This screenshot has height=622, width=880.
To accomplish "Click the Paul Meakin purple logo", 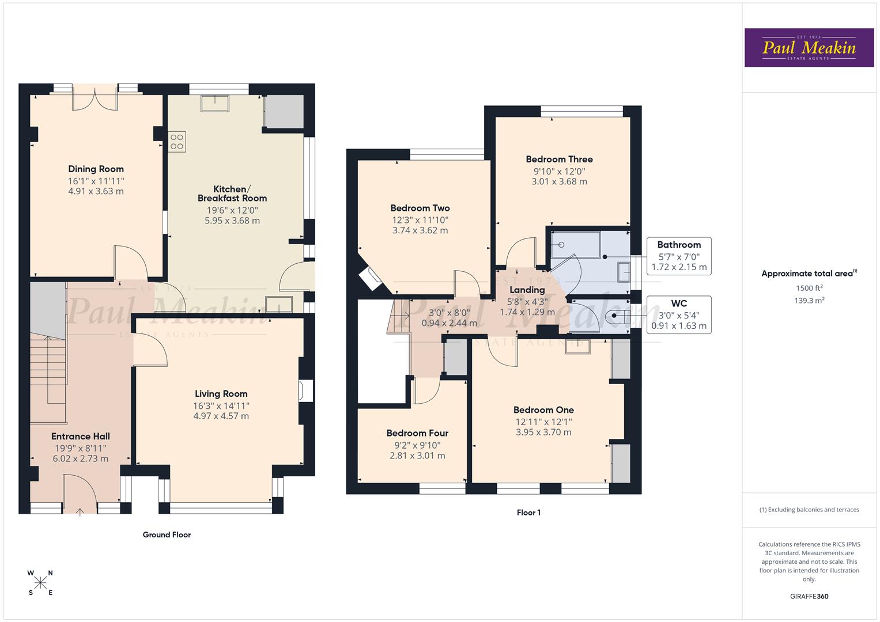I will click(x=809, y=47).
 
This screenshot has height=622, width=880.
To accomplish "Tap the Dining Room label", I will click(x=96, y=169).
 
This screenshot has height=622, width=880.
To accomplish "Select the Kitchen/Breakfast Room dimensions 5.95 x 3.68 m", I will click(x=232, y=221).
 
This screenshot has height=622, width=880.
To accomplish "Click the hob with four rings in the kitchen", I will click(x=177, y=142).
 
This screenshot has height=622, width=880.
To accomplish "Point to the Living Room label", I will click(x=221, y=394).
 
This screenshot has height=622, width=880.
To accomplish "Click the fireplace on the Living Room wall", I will click(x=305, y=390).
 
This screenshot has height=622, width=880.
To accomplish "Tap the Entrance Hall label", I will click(x=80, y=437).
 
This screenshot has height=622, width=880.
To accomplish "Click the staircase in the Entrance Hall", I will click(x=48, y=369).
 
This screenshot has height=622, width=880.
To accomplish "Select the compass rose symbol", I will click(x=40, y=583).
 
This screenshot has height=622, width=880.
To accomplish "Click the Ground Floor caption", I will click(x=167, y=534).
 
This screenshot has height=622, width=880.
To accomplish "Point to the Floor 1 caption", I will click(x=528, y=513).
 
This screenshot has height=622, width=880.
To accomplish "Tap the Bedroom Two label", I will click(x=420, y=208).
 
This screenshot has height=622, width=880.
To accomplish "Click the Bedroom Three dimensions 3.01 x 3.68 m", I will click(x=559, y=181).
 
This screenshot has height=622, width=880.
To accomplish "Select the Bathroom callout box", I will click(x=679, y=256).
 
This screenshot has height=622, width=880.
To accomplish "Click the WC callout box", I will click(x=679, y=314).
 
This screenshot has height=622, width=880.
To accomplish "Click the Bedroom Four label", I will click(x=417, y=433).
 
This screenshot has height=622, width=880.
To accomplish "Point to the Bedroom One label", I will click(x=543, y=410).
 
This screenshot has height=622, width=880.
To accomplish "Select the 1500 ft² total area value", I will click(x=809, y=288).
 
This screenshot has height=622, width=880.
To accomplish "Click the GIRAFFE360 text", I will click(x=809, y=596).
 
